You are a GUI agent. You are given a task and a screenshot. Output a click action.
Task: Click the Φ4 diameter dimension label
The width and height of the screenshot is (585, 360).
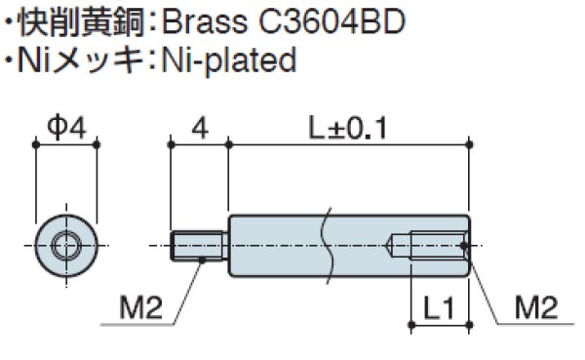tap(66, 126)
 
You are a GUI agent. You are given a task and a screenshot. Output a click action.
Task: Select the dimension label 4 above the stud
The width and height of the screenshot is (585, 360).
tap(199, 126)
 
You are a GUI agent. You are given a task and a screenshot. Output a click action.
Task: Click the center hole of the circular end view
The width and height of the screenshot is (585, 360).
tap(66, 244)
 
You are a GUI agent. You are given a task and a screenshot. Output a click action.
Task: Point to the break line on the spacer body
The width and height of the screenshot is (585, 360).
tap(331, 244)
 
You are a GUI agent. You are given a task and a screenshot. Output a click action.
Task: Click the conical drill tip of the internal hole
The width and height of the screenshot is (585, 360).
tap(397, 244)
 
